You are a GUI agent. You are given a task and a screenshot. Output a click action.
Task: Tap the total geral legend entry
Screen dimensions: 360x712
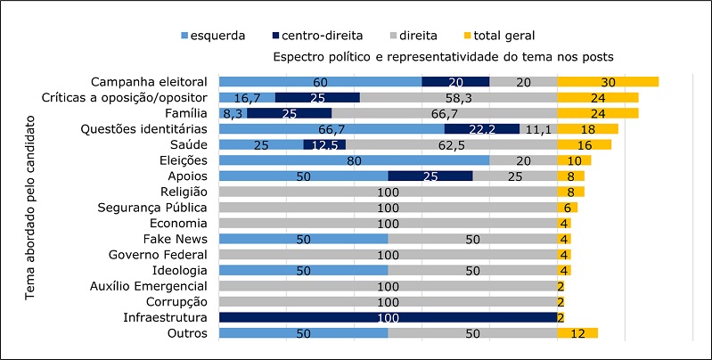point(499,36)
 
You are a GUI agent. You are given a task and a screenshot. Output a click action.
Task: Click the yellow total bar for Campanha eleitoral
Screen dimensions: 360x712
point(608,81)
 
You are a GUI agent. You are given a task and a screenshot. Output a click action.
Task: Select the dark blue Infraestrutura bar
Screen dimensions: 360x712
point(388,317)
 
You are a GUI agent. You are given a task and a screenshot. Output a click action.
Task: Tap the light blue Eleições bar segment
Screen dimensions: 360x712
point(354,160)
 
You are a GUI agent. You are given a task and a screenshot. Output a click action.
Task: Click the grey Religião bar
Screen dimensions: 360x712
point(388,192)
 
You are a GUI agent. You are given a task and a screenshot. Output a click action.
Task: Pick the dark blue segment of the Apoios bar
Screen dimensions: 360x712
point(430,176)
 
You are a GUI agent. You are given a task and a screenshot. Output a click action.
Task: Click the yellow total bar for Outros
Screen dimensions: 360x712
point(577,333)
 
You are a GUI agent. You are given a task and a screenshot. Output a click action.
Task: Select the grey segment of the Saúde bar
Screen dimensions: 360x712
point(451,144)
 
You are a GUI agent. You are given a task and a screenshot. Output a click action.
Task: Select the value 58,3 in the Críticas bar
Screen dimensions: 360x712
point(458,97)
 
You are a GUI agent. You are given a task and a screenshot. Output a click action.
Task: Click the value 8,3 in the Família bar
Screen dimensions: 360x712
point(233,113)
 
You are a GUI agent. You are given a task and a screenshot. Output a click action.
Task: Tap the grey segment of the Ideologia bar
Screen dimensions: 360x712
point(472,270)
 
